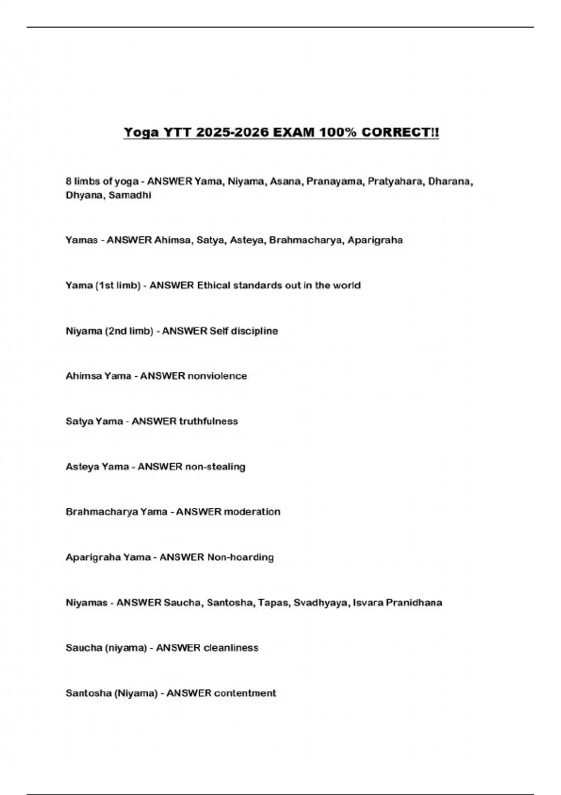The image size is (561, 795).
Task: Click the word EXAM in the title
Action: (293, 132)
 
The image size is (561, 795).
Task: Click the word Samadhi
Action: (129, 195)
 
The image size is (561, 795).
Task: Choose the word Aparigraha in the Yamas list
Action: (375, 240)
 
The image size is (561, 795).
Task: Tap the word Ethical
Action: (213, 285)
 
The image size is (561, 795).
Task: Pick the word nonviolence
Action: (217, 376)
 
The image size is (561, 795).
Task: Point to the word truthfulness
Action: (208, 421)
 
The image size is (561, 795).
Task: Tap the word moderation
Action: (252, 512)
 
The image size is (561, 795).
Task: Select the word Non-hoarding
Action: (240, 557)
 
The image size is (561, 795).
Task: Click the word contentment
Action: (245, 693)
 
